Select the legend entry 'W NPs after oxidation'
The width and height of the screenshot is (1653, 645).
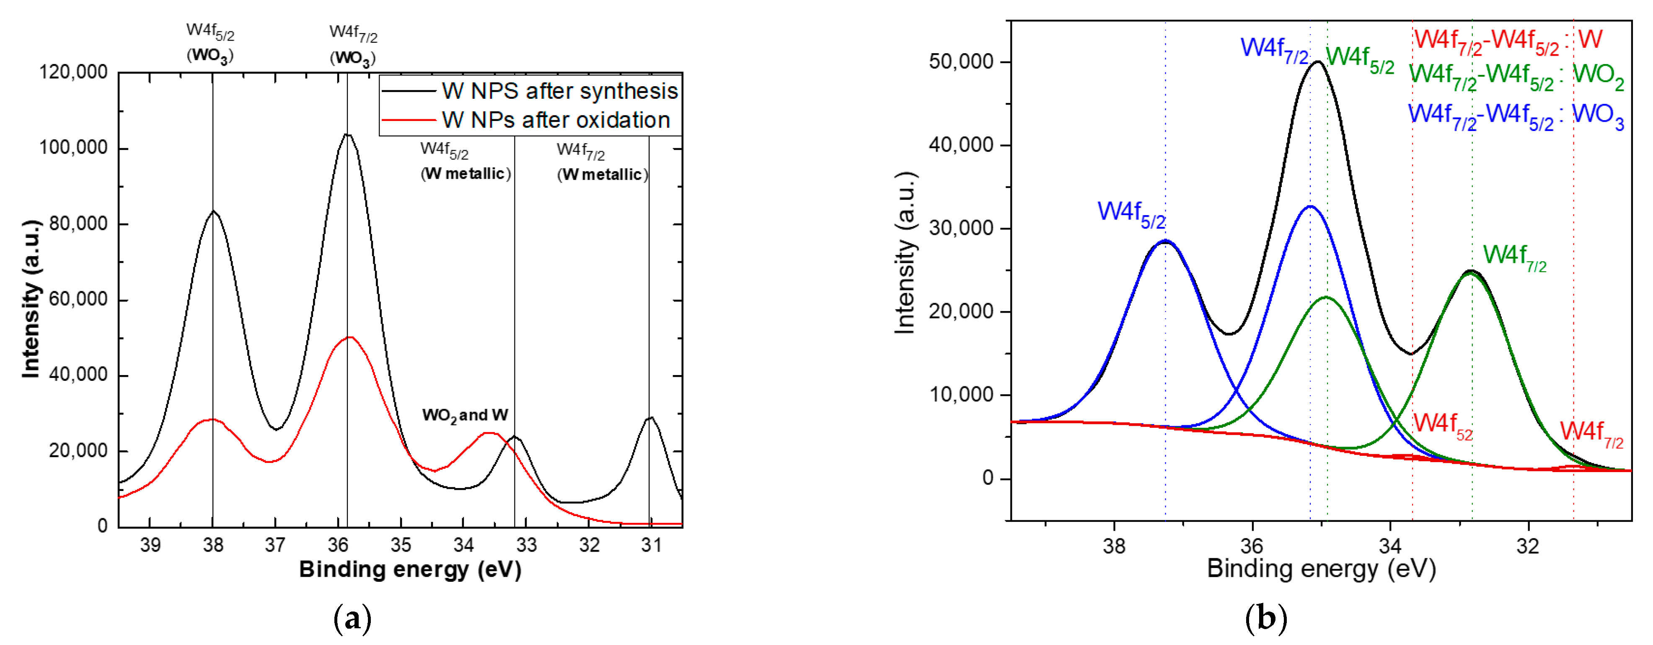[555, 120]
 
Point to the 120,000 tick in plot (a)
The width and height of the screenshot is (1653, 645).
[74, 72]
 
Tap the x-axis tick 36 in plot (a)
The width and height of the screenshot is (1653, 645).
[338, 545]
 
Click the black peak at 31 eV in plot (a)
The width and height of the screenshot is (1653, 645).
[651, 417]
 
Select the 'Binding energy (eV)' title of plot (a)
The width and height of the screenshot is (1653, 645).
[410, 569]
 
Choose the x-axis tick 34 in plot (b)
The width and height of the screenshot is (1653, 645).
[1390, 546]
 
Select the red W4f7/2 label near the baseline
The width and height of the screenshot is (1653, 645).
[1591, 434]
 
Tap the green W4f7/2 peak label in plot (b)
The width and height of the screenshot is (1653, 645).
[1514, 257]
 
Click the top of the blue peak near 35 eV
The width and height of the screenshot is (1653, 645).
[1310, 206]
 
